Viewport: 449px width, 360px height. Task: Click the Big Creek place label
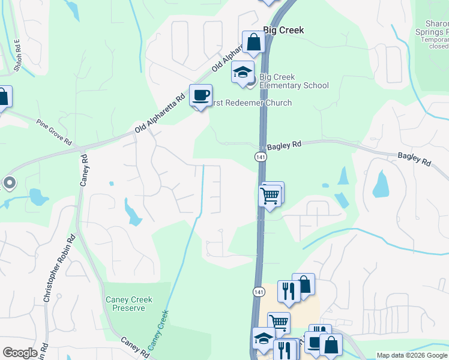pyautogui.click(x=283, y=30)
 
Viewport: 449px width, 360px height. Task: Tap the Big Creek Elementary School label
pyautogui.click(x=295, y=85)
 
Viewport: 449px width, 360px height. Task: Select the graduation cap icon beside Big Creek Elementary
pyautogui.click(x=243, y=72)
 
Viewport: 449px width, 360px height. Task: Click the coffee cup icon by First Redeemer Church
pyautogui.click(x=200, y=95)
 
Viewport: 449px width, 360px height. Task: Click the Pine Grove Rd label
pyautogui.click(x=54, y=133)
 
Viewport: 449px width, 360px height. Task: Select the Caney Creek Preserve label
pyautogui.click(x=128, y=304)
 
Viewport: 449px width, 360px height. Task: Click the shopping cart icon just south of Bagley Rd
pyautogui.click(x=270, y=195)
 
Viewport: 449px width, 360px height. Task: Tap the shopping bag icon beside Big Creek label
pyautogui.click(x=253, y=42)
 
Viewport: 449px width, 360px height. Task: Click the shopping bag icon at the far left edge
pyautogui.click(x=3, y=97)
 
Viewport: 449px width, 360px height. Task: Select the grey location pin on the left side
pyautogui.click(x=9, y=182)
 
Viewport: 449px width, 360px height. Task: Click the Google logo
pyautogui.click(x=20, y=353)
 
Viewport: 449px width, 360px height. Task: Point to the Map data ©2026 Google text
pyautogui.click(x=412, y=355)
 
